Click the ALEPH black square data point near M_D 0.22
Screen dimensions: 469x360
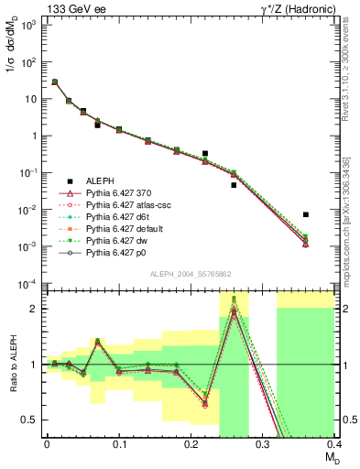(205, 154)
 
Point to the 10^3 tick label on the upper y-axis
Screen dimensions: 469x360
(29, 25)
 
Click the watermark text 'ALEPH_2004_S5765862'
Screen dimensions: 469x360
(189, 275)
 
